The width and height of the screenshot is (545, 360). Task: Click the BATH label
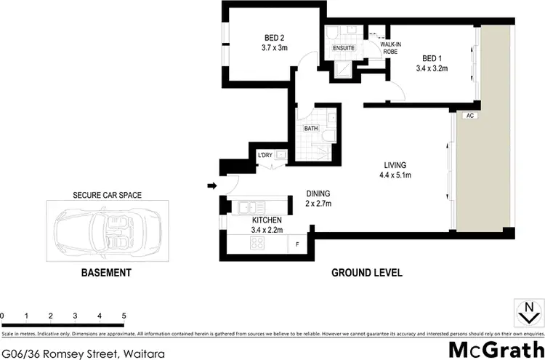[311, 128]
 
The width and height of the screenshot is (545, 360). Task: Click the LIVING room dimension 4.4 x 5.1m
[396, 175]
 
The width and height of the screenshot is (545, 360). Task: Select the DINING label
[318, 193]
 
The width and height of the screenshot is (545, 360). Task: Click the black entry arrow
[212, 186]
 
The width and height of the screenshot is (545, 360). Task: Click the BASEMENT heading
[106, 273]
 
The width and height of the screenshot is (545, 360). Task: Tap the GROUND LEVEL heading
[367, 273]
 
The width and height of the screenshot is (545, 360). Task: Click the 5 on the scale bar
[124, 316]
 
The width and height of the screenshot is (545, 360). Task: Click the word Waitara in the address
[143, 353]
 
